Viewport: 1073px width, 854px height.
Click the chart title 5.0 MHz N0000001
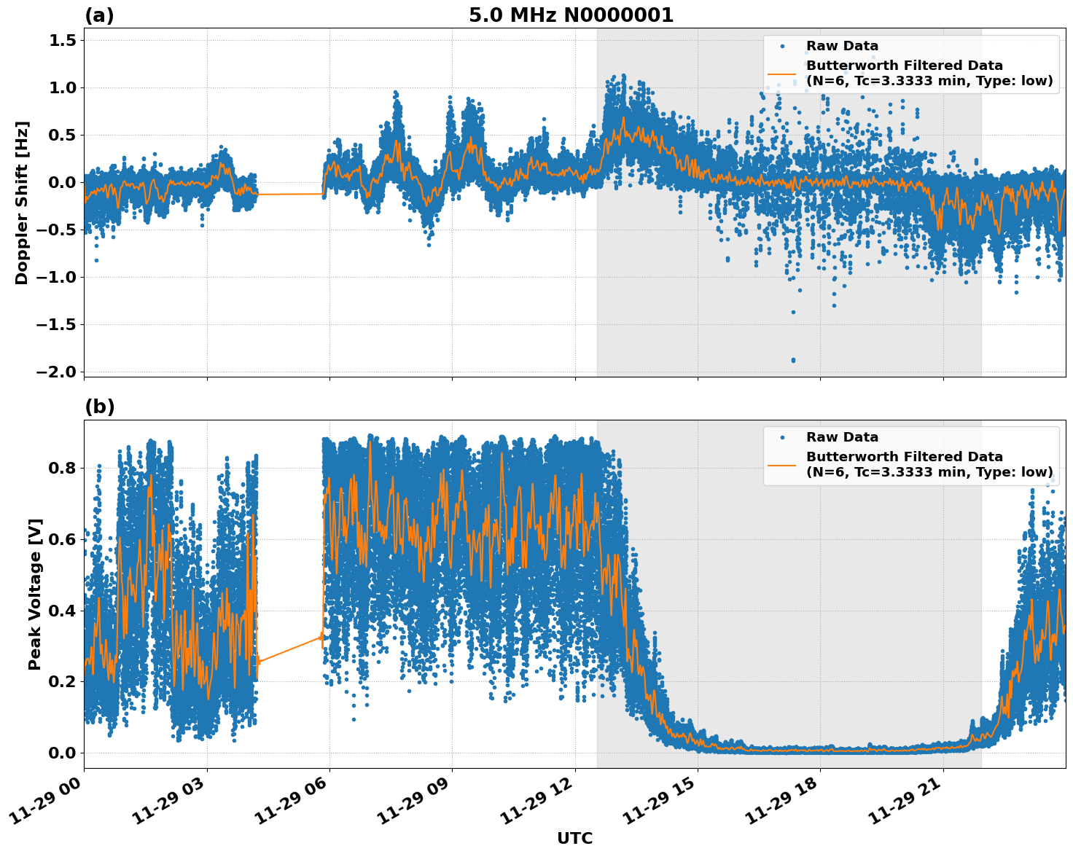571,15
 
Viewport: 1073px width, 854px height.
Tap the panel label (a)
99,15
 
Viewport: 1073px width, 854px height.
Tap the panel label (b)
99,407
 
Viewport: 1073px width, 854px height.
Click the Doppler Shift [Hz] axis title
22,203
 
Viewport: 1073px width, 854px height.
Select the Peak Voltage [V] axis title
35,594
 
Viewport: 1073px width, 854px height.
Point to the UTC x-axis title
574,838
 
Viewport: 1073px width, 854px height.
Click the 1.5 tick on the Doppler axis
63,41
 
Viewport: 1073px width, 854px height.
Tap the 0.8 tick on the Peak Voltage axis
63,468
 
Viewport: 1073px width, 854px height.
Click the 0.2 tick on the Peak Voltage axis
63,682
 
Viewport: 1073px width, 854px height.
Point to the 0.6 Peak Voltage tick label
63,539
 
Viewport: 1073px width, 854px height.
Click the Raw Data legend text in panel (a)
842,46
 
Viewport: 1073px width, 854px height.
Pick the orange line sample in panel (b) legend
782,464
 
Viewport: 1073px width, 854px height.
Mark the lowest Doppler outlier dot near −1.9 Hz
793,360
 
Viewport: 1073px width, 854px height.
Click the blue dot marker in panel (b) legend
782,437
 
